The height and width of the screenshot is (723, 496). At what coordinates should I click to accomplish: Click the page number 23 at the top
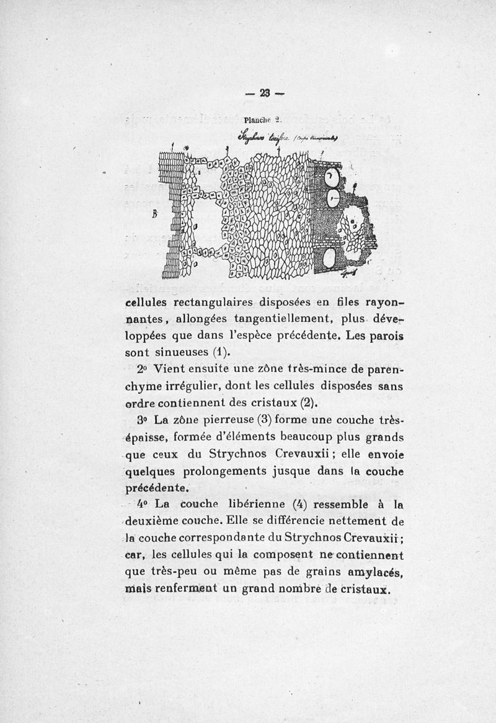[265, 94]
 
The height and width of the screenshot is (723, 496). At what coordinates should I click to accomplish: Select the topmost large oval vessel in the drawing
[332, 179]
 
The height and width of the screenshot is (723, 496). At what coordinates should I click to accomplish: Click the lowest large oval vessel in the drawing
[330, 257]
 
